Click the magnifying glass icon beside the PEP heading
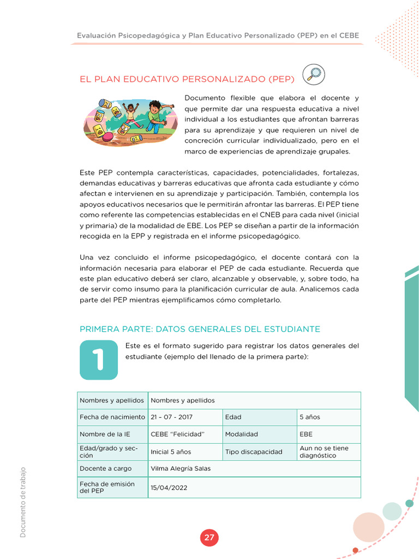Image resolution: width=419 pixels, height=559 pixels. click(x=313, y=75)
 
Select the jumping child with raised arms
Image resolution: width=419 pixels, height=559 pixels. click(x=130, y=115)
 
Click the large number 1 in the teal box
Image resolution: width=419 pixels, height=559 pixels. click(x=99, y=360)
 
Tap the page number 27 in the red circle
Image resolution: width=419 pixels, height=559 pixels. click(x=209, y=538)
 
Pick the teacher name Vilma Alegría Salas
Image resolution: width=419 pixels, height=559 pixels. click(x=181, y=468)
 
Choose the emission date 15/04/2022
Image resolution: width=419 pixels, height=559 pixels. click(x=169, y=487)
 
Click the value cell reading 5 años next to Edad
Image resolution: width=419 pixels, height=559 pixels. click(x=310, y=417)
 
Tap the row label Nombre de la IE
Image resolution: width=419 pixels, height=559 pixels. click(x=105, y=435)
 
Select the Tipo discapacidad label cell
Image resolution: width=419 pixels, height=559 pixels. click(x=254, y=452)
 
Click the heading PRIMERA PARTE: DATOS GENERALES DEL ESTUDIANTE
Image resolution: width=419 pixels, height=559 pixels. click(x=200, y=329)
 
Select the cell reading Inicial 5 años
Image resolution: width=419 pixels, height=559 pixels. click(x=171, y=452)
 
